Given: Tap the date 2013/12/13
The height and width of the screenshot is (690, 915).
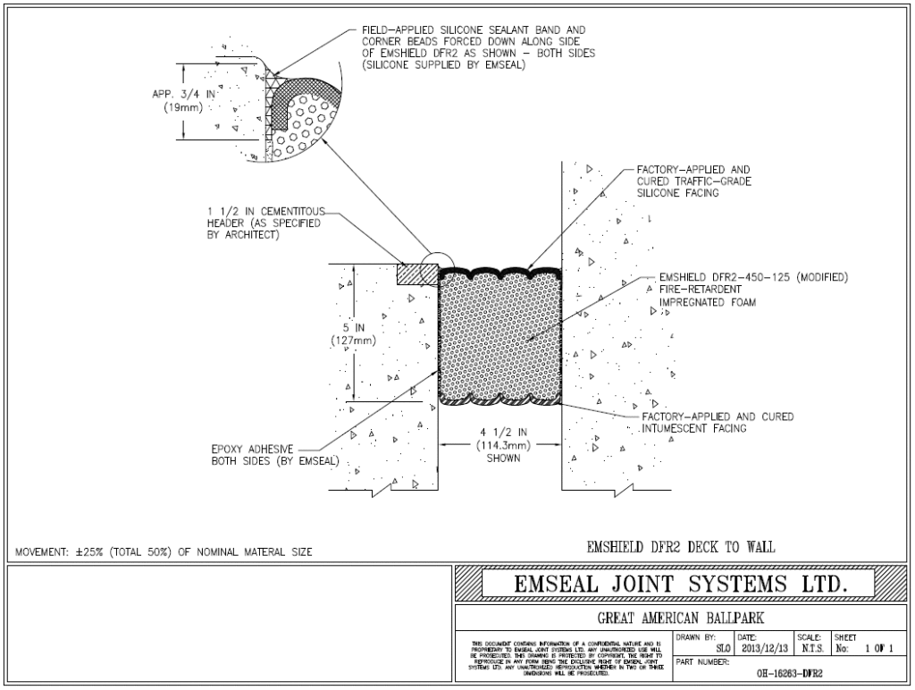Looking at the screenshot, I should pos(765,649).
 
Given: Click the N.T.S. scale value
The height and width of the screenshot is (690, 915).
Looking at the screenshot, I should pos(812,649).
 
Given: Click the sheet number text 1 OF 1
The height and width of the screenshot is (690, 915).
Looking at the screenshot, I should pos(879,649).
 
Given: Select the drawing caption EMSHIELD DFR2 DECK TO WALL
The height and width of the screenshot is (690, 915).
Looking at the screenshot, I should pos(680,547).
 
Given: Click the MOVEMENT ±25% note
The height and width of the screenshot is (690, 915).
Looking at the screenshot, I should pos(164,551).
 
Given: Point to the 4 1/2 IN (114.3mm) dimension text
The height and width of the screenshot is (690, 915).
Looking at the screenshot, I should pos(503,444).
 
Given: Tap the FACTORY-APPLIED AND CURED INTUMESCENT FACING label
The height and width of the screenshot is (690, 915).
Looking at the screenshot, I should pos(718,423).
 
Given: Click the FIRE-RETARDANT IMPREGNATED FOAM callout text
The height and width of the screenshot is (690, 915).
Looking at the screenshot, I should pos(752,290).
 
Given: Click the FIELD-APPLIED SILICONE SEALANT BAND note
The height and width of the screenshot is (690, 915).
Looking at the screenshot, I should pos(478,47).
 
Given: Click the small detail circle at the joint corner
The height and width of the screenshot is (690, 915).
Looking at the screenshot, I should pos(432,266).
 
